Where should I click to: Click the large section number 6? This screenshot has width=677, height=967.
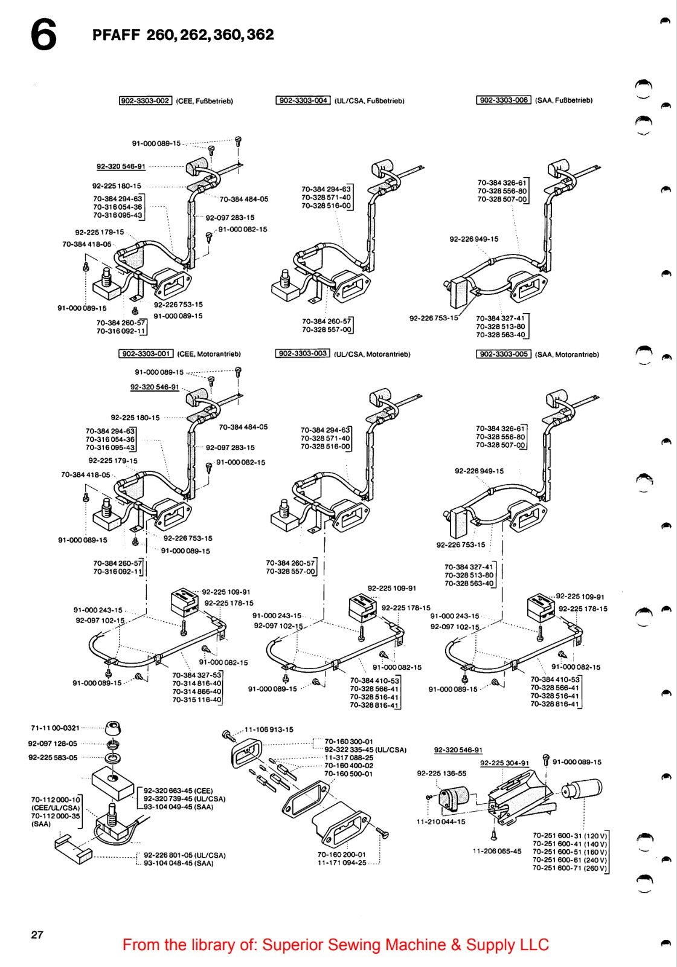click(x=43, y=36)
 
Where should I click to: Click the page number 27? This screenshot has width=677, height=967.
click(x=37, y=934)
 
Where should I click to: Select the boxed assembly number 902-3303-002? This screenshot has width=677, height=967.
click(x=146, y=101)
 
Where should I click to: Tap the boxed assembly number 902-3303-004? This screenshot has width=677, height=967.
click(x=303, y=100)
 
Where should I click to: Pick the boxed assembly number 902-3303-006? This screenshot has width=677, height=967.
click(x=504, y=100)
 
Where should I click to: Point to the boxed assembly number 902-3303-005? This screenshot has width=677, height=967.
click(x=504, y=354)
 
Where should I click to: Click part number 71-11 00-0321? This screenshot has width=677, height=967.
click(x=55, y=728)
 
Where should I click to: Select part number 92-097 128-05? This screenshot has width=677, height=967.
click(x=53, y=743)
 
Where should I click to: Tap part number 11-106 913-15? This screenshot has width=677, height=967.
click(x=269, y=729)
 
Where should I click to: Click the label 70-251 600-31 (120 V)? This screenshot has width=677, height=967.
click(x=570, y=835)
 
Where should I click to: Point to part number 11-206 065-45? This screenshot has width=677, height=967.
click(x=496, y=851)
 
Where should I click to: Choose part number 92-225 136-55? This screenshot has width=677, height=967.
click(x=441, y=773)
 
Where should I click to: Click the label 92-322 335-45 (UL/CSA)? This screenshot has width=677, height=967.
click(x=365, y=749)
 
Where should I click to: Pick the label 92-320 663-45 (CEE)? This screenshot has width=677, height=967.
click(x=178, y=791)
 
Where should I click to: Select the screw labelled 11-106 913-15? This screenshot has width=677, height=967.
click(x=227, y=734)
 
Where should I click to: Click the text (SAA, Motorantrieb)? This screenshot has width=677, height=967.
click(x=567, y=354)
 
